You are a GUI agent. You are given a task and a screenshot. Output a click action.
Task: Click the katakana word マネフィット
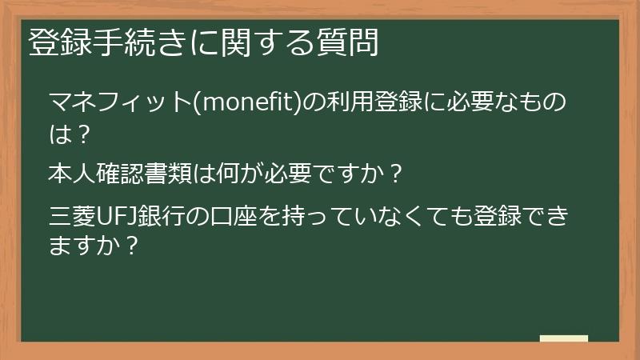click(121, 103)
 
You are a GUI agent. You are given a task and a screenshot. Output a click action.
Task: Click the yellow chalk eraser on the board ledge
click(563, 339)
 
